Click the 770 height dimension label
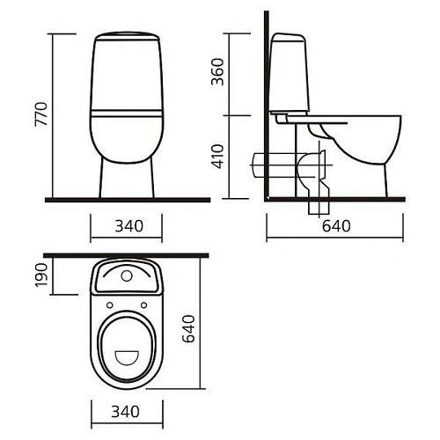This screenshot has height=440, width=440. click(x=41, y=114)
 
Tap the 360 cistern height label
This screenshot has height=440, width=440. click(x=217, y=72)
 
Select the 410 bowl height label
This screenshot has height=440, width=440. click(x=217, y=157)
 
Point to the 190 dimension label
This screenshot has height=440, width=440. click(x=41, y=275)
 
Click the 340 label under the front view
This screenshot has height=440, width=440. click(x=129, y=226)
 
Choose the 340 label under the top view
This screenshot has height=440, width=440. click(x=125, y=412)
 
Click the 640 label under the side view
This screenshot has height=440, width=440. click(x=336, y=226)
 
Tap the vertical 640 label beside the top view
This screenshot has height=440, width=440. click(x=188, y=328)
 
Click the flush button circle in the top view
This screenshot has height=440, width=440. click(x=127, y=275)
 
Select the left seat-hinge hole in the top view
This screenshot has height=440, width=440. click(x=110, y=305)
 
